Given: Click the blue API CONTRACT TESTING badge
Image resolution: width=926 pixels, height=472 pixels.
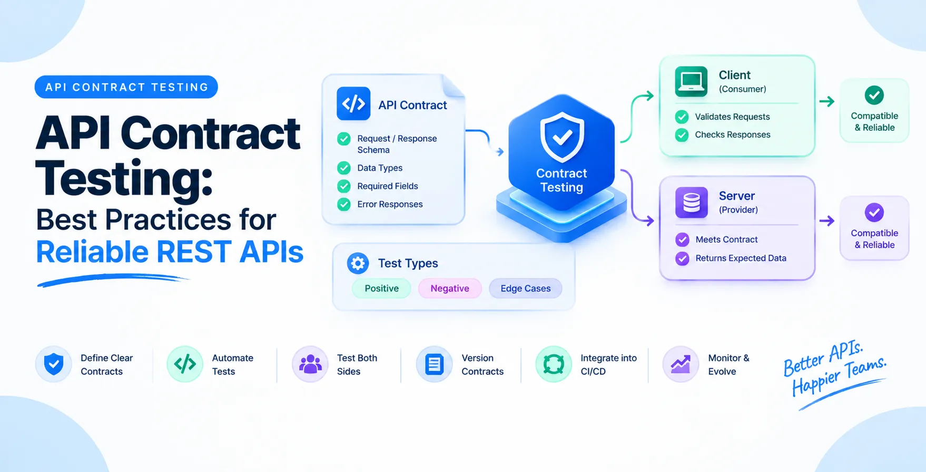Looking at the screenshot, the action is pyautogui.click(x=126, y=87).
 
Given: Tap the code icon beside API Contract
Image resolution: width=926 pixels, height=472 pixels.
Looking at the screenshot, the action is pyautogui.click(x=353, y=104).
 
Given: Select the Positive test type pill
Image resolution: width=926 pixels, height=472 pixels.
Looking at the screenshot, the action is pyautogui.click(x=381, y=288).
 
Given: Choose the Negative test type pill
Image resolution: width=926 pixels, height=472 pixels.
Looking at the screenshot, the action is pyautogui.click(x=450, y=288).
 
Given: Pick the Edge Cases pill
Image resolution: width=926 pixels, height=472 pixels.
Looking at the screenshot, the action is pyautogui.click(x=526, y=288).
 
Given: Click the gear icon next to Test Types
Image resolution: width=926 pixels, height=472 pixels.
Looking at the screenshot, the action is pyautogui.click(x=358, y=263).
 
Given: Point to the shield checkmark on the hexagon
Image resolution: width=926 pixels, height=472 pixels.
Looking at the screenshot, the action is pyautogui.click(x=562, y=137).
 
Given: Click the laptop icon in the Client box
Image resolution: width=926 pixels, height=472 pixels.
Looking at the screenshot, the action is pyautogui.click(x=691, y=82).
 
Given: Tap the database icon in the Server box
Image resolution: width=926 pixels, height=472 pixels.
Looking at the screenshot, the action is pyautogui.click(x=692, y=203).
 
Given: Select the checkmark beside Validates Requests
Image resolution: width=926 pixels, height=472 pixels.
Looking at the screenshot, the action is pyautogui.click(x=682, y=117).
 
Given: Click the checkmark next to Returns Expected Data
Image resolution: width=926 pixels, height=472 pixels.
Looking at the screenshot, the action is pyautogui.click(x=683, y=258).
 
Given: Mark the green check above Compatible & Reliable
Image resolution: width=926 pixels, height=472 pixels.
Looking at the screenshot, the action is pyautogui.click(x=874, y=95).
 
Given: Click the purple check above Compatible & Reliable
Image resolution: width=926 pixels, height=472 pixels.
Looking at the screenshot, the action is pyautogui.click(x=874, y=213).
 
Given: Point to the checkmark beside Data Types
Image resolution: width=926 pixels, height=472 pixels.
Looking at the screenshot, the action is pyautogui.click(x=344, y=168).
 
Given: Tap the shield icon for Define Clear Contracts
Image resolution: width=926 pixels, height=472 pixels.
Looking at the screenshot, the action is pyautogui.click(x=54, y=364).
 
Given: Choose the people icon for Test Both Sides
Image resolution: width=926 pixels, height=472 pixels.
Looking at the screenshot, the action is pyautogui.click(x=310, y=364).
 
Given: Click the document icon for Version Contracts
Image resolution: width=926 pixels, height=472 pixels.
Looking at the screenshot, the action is pyautogui.click(x=435, y=364).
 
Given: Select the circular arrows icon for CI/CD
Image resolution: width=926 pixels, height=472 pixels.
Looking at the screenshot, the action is pyautogui.click(x=554, y=364).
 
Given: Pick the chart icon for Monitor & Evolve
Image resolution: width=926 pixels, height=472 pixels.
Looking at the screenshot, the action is pyautogui.click(x=681, y=364).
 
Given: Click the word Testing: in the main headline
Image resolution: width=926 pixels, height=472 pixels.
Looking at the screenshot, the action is pyautogui.click(x=124, y=179).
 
